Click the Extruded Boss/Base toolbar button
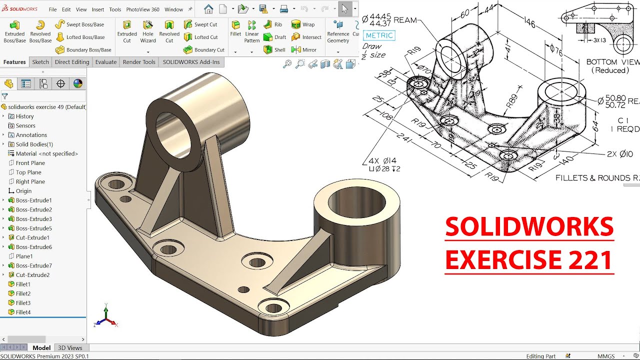[15, 31]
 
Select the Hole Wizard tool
[148, 31]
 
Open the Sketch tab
[40, 62]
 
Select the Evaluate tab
[106, 62]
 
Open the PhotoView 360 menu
[142, 9]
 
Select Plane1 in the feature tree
[24, 256]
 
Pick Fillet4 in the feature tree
[23, 312]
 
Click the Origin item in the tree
[23, 191]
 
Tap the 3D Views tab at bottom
[70, 348]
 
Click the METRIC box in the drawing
[379, 35]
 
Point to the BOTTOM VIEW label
[612, 62]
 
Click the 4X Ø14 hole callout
[382, 160]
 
